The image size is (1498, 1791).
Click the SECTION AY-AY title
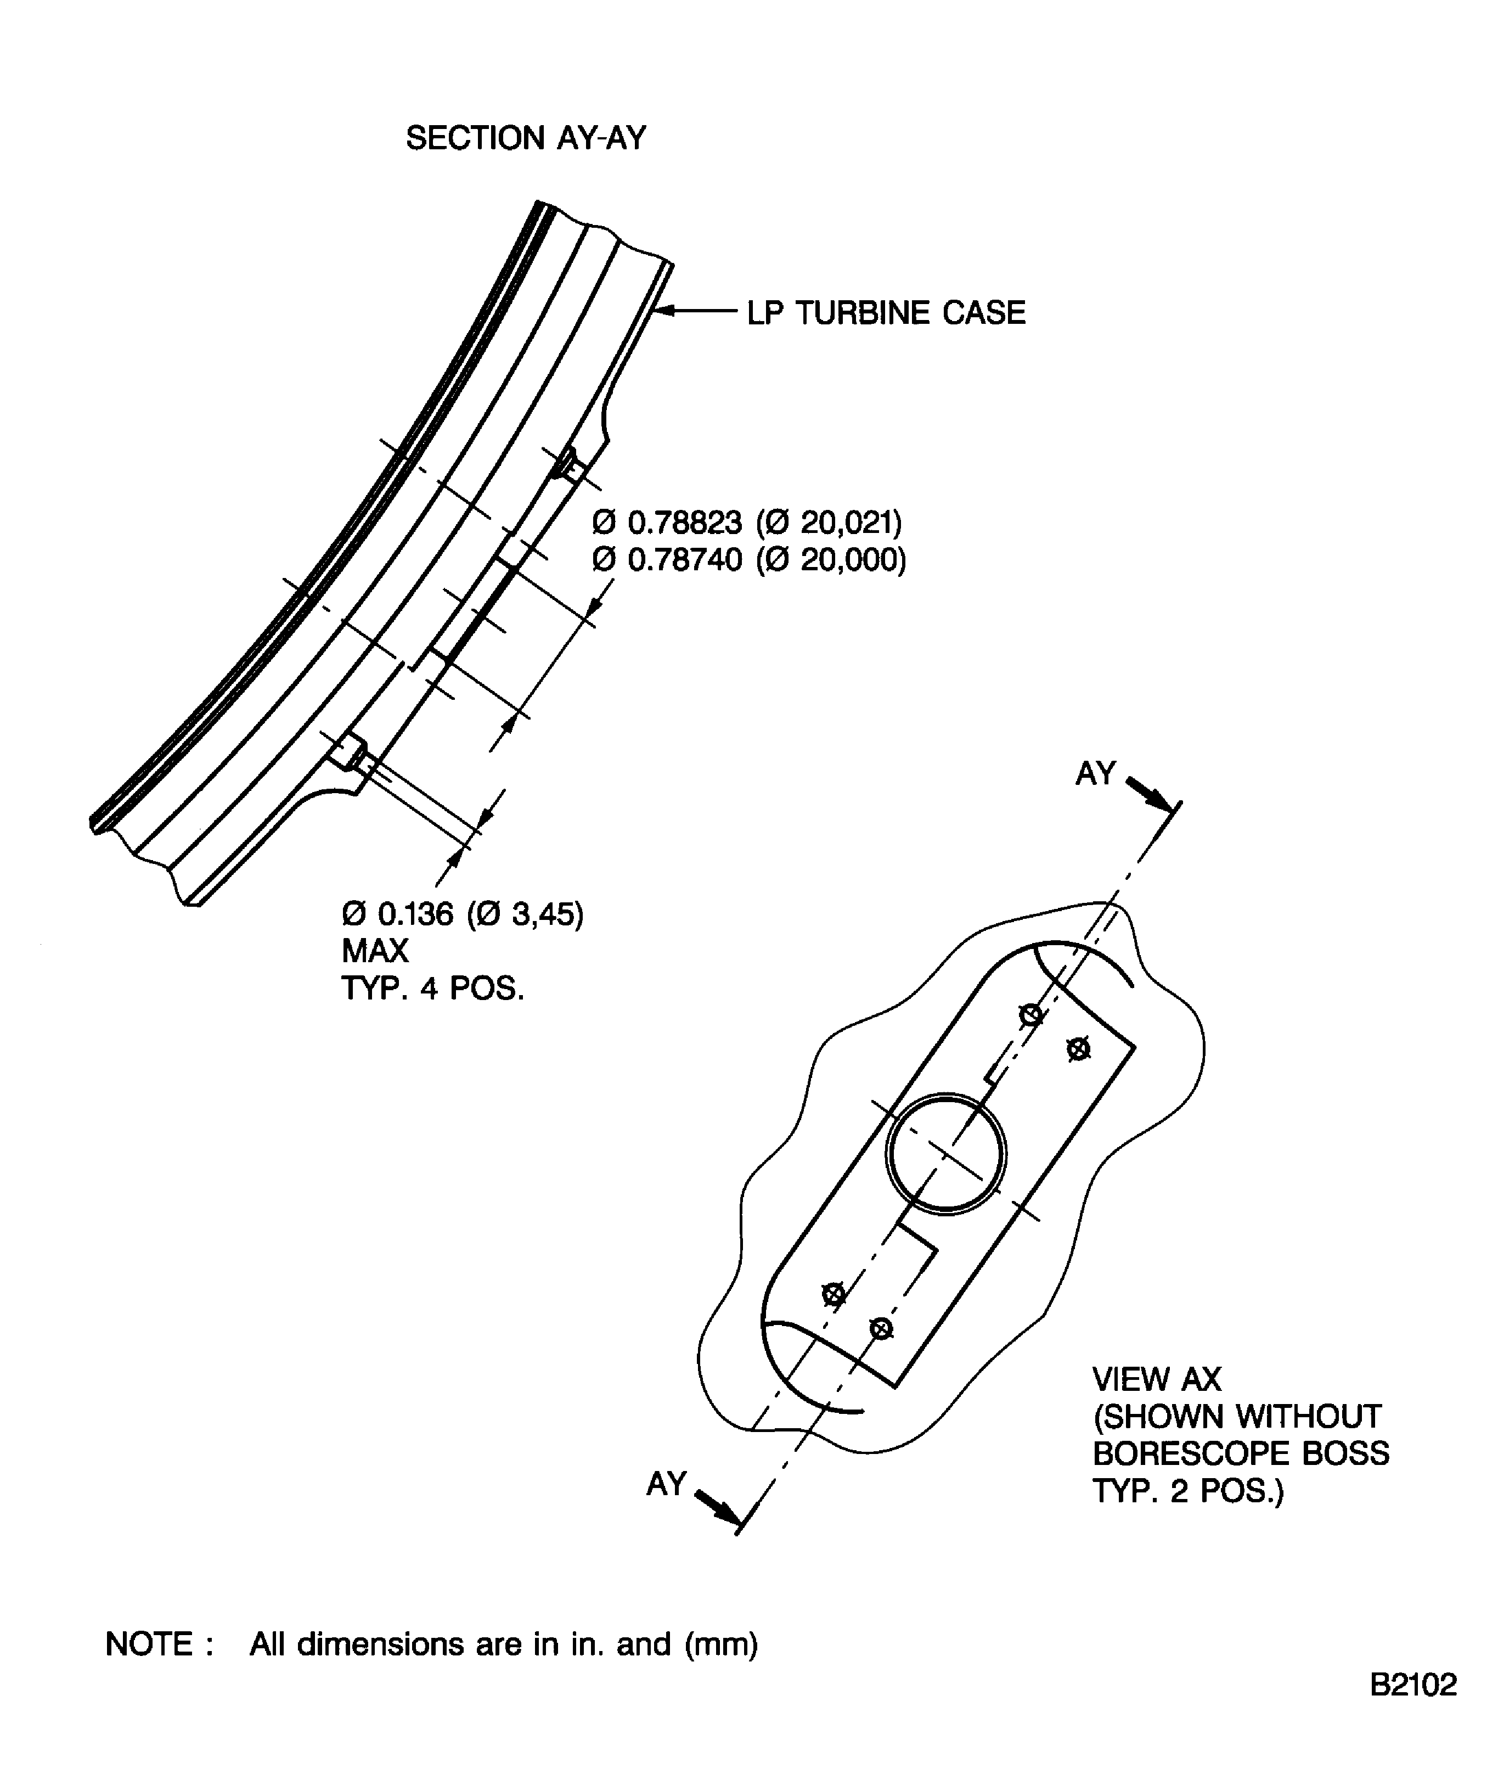pyautogui.click(x=526, y=137)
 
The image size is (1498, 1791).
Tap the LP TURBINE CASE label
pyautogui.click(x=886, y=313)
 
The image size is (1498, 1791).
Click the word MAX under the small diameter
pyautogui.click(x=375, y=951)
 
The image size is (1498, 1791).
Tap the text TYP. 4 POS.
pyautogui.click(x=432, y=989)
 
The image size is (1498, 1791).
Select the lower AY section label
pyautogui.click(x=666, y=1484)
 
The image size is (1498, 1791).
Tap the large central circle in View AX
pyautogui.click(x=947, y=1097)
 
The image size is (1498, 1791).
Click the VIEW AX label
pyautogui.click(x=1157, y=1379)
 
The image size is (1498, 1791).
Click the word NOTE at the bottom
pyautogui.click(x=148, y=1644)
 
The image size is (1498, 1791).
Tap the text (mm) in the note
pyautogui.click(x=722, y=1644)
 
